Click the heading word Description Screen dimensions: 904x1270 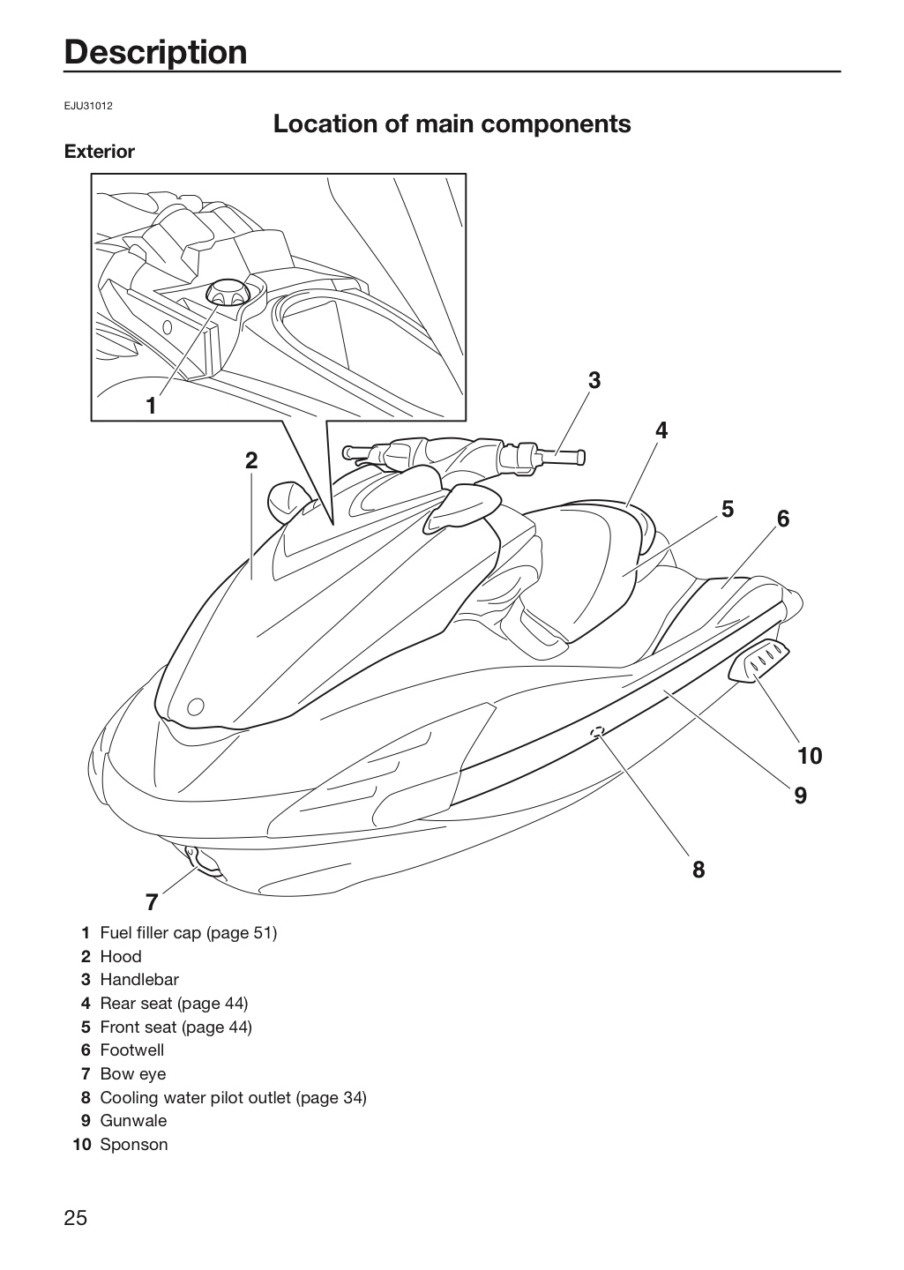point(156,53)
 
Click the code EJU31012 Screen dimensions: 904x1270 point(88,106)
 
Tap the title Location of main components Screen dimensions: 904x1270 point(452,123)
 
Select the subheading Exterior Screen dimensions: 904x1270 point(100,152)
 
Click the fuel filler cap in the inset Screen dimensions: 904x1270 point(228,292)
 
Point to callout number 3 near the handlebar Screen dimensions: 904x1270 point(594,380)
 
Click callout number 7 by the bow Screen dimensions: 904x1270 point(152,902)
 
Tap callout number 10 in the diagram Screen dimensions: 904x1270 point(810,756)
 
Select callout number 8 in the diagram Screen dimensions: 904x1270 point(699,870)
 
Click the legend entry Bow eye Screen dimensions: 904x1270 point(132,1074)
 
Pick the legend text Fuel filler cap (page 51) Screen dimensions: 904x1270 point(188,933)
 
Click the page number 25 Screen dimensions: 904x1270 point(76,1219)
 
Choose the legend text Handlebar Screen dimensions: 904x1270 point(139,979)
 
